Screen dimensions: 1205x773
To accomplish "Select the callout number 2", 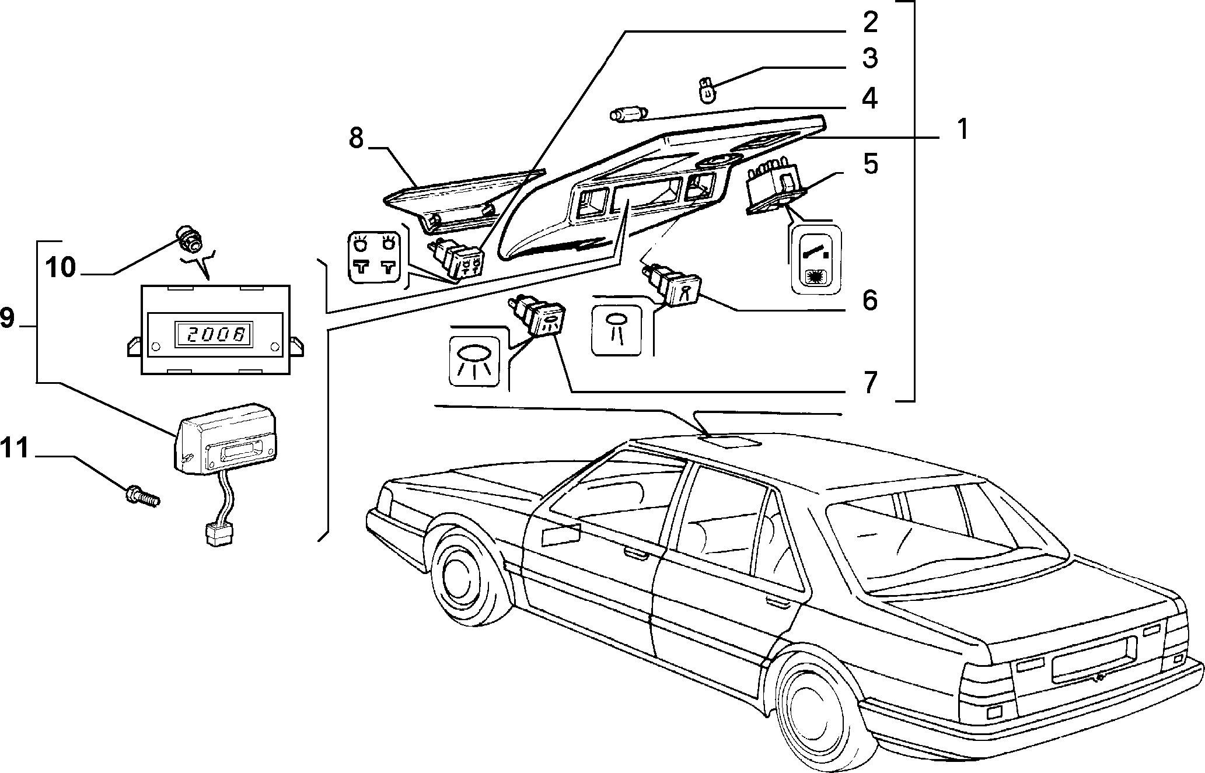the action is [x=869, y=22].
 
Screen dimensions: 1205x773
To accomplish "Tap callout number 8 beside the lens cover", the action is [x=869, y=58].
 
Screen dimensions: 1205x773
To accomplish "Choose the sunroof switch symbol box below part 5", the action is [x=817, y=259].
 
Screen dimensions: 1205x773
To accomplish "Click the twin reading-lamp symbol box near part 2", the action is [x=374, y=257].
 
